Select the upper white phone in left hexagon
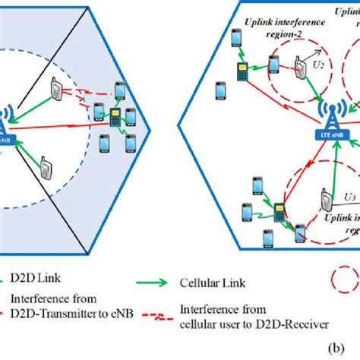(58, 90)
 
